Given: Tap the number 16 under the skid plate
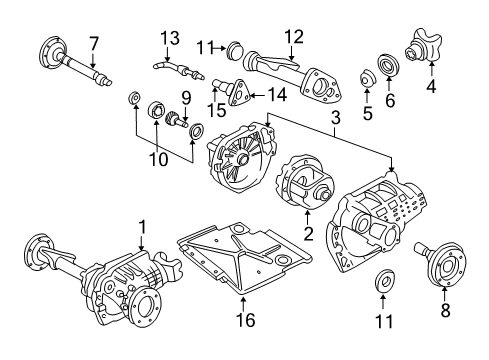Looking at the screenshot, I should pyautogui.click(x=245, y=320).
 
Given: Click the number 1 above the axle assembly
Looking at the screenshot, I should pyautogui.click(x=143, y=227).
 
